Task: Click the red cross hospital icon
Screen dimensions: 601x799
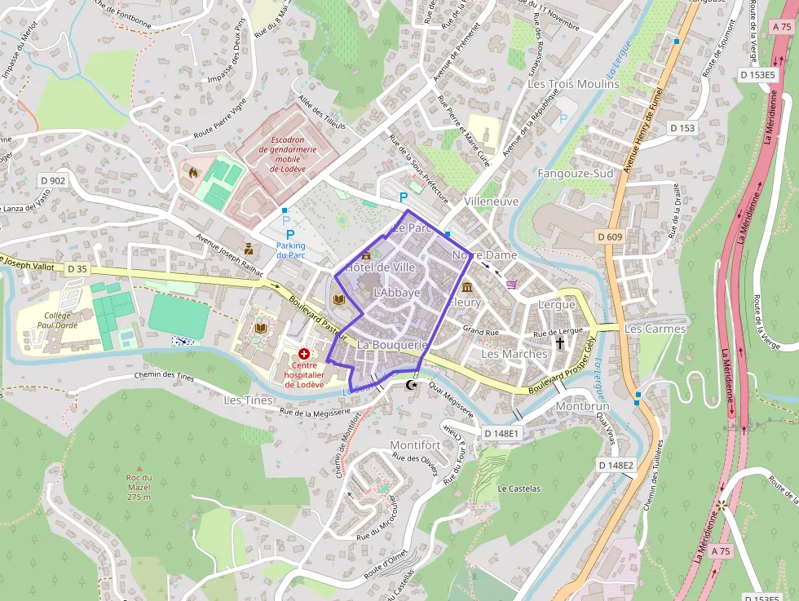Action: coord(304,354)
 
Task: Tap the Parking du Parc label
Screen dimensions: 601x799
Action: coord(290,250)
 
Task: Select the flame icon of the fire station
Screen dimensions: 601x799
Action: coord(192,173)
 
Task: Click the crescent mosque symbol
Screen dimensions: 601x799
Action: coord(411,383)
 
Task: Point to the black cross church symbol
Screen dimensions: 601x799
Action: coord(559,343)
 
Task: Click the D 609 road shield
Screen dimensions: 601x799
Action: coord(609,236)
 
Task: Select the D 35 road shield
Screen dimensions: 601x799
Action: coord(77,268)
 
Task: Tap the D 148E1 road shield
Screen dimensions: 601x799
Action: coord(500,434)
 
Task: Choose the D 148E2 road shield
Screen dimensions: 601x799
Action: coord(615,466)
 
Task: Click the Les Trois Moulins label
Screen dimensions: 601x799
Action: coord(573,84)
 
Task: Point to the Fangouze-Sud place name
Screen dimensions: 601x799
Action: coord(575,174)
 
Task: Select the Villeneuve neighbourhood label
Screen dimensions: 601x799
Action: coord(491,201)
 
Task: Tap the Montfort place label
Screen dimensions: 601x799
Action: coord(415,445)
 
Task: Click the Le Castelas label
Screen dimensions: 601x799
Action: coord(519,488)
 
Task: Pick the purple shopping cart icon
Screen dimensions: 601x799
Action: coord(511,284)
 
